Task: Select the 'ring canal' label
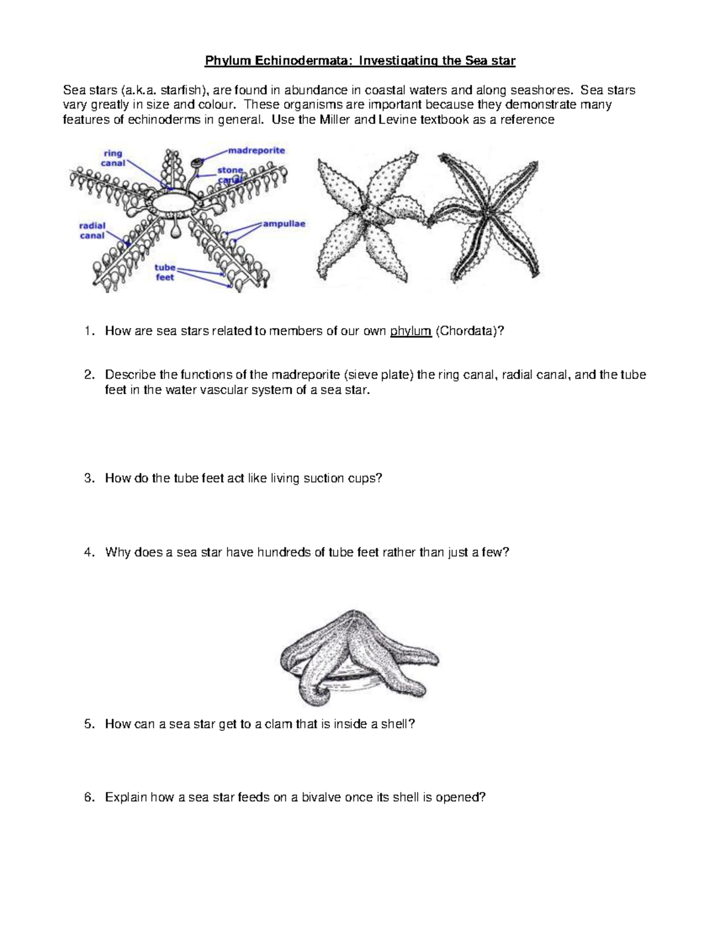[113, 158]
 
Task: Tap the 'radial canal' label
[92, 230]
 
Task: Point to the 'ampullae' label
[284, 224]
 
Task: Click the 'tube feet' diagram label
[164, 272]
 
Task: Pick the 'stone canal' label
[230, 175]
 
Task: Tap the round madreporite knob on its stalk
[195, 162]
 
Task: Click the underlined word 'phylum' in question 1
[411, 332]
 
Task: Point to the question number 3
[88, 478]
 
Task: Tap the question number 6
[88, 797]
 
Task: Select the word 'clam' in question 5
[271, 724]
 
